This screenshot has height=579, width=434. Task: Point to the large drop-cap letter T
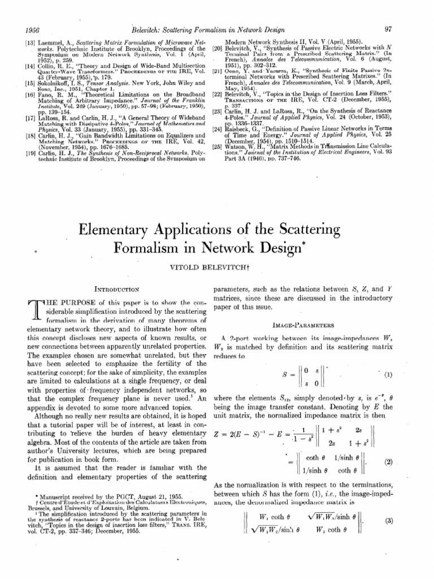coord(18,312)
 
